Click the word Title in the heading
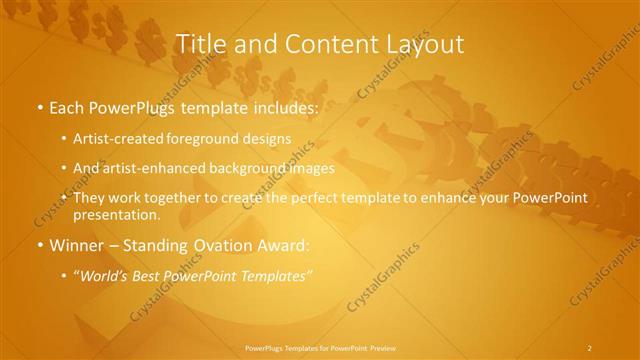pyautogui.click(x=198, y=44)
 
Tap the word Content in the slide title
pyautogui.click(x=320, y=44)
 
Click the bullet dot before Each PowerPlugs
pyautogui.click(x=38, y=106)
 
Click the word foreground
pyautogui.click(x=214, y=138)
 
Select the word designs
pyautogui.click(x=268, y=138)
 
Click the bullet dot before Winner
pyautogui.click(x=38, y=246)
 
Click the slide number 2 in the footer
pyautogui.click(x=590, y=347)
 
